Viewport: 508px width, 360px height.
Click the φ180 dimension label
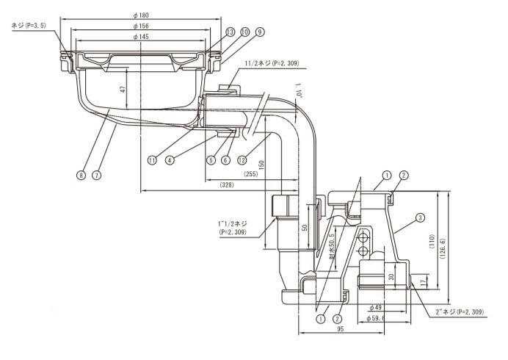(x=141, y=15)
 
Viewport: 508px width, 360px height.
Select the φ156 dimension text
(x=141, y=26)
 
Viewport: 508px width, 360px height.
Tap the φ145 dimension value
(x=141, y=37)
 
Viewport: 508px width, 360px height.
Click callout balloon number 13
(x=230, y=32)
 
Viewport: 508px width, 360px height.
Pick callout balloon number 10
(x=245, y=32)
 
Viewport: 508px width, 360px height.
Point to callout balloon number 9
(x=260, y=32)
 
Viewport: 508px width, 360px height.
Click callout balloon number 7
(x=96, y=176)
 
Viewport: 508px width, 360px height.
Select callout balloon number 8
(x=81, y=176)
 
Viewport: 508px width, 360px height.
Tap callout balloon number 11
(x=152, y=160)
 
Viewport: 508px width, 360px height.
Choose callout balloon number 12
(x=242, y=160)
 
